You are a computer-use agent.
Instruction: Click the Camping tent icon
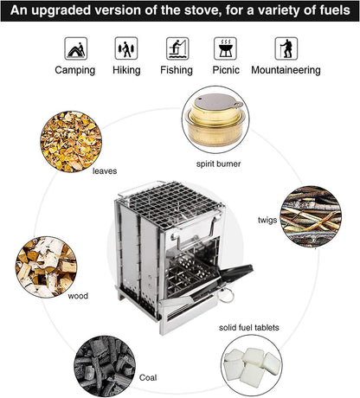pyautogui.click(x=75, y=48)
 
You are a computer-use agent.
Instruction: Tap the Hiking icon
pyautogui.click(x=127, y=48)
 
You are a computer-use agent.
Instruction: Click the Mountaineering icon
pyautogui.click(x=286, y=48)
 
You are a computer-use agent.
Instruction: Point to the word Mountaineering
pyautogui.click(x=286, y=70)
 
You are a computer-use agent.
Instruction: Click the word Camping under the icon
pyautogui.click(x=75, y=70)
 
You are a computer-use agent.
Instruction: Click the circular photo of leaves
pyautogui.click(x=70, y=141)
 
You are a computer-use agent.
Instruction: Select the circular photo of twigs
pyautogui.click(x=311, y=216)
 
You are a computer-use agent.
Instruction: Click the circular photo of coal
pyautogui.click(x=102, y=367)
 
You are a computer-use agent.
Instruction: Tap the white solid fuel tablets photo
pyautogui.click(x=252, y=367)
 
